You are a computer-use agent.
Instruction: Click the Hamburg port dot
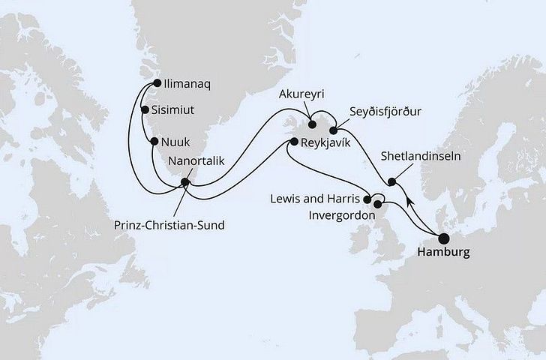coord(443,238)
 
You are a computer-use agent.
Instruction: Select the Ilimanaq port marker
coord(157,84)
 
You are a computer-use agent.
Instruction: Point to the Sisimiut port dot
coord(145,109)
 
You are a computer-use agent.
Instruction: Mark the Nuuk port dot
coord(154,141)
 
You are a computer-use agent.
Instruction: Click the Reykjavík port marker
coord(294,141)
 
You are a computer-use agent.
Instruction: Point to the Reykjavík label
coord(329,142)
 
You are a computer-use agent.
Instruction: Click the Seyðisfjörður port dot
coord(333,131)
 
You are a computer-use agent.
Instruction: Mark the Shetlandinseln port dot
coord(391,181)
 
